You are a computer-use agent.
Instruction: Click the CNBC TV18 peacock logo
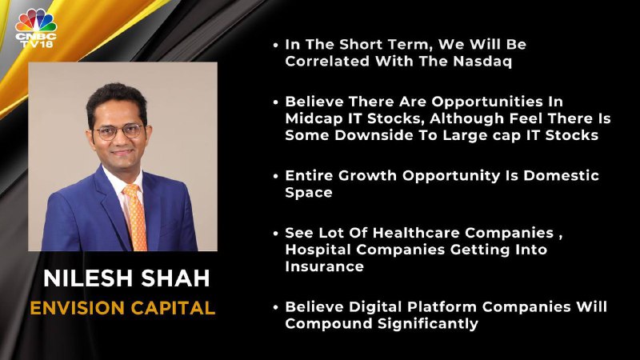pyautogui.click(x=36, y=28)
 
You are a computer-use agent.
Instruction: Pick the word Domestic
pyautogui.click(x=562, y=175)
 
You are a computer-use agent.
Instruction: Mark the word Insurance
pyautogui.click(x=325, y=266)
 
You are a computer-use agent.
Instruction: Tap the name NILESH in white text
pyautogui.click(x=87, y=278)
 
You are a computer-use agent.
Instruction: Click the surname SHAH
pyautogui.click(x=175, y=278)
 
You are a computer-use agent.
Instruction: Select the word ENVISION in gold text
pyautogui.click(x=77, y=308)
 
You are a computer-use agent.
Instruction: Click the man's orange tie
pyautogui.click(x=136, y=217)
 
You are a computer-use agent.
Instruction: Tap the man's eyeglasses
pyautogui.click(x=118, y=131)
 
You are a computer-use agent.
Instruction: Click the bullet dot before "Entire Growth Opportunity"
pyautogui.click(x=276, y=176)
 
